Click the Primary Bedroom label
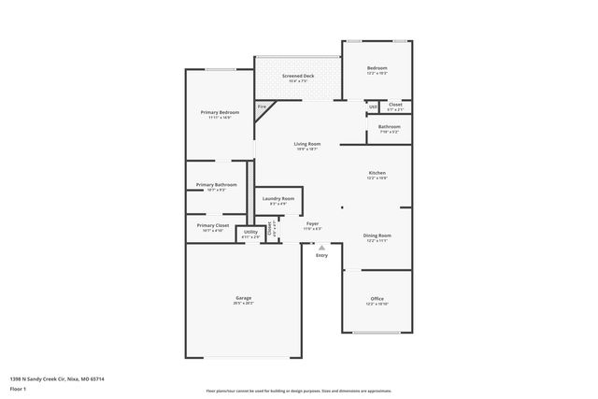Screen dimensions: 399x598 [x=216, y=112]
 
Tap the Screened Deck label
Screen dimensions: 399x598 [x=298, y=75]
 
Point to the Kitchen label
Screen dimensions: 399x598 [x=377, y=173]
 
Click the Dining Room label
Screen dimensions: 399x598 [x=377, y=235]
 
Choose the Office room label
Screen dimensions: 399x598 [x=377, y=299]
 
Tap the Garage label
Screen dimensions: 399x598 [x=243, y=299]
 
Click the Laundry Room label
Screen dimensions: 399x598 [x=278, y=199]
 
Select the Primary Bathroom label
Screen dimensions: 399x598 [x=216, y=185]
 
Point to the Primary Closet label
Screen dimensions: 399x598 [x=213, y=225]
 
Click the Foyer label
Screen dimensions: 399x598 [x=313, y=224]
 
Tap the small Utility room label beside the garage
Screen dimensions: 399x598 [x=250, y=233]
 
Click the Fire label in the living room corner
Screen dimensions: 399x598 [x=262, y=107]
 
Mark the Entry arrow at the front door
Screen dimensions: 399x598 [x=321, y=247]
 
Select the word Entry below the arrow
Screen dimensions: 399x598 [x=321, y=255]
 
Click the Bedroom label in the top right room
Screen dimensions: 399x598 [x=377, y=68]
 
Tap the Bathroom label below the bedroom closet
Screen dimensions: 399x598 [x=390, y=127]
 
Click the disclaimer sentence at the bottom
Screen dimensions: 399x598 [x=298, y=392]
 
